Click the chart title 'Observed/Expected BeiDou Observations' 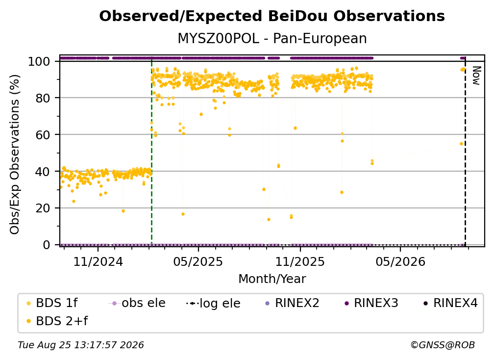tap(272, 16)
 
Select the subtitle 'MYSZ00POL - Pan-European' tap(272, 38)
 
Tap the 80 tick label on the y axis tap(43, 98)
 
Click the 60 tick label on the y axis tap(43, 134)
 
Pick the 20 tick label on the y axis tap(43, 208)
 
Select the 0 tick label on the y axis tap(47, 245)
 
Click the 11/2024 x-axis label tap(98, 261)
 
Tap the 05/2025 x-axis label tap(198, 261)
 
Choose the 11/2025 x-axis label tap(300, 261)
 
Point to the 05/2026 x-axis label tap(400, 261)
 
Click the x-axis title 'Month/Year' tap(272, 279)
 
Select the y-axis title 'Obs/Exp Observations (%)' tap(15, 154)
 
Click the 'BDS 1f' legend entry tap(52, 303)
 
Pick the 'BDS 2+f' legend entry tap(57, 321)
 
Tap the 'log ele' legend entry tap(213, 303)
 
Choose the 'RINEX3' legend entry tap(371, 303)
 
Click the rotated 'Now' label tap(476, 76)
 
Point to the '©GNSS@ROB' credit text tap(443, 345)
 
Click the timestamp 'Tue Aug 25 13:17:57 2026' tap(81, 345)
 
